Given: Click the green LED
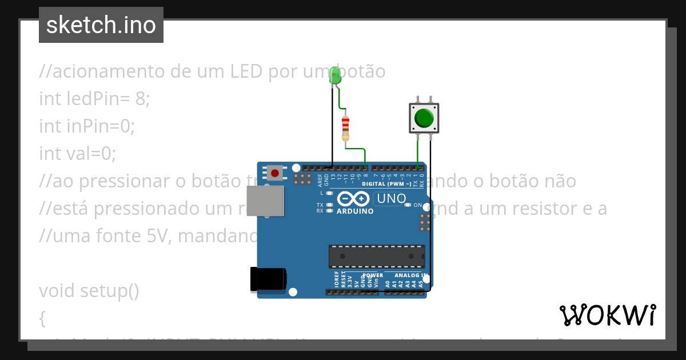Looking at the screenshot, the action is click(336, 76).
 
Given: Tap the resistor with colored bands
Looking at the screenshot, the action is click(345, 128).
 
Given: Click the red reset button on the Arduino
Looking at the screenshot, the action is click(275, 173).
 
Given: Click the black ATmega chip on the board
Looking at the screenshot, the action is click(376, 256).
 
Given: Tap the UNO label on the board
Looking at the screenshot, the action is click(390, 199).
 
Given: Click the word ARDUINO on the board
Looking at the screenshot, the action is click(355, 211).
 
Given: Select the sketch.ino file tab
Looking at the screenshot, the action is click(101, 25).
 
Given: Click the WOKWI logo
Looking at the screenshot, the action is click(607, 315).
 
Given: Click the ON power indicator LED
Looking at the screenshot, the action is click(408, 205).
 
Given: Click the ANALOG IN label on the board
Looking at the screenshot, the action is click(410, 275).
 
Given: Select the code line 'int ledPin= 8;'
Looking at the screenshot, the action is click(94, 99).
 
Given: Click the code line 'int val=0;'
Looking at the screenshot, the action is click(78, 153).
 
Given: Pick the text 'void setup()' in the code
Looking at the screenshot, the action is click(89, 291).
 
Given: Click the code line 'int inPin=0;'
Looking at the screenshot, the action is click(87, 126).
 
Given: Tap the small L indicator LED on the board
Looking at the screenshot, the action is click(329, 194).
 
